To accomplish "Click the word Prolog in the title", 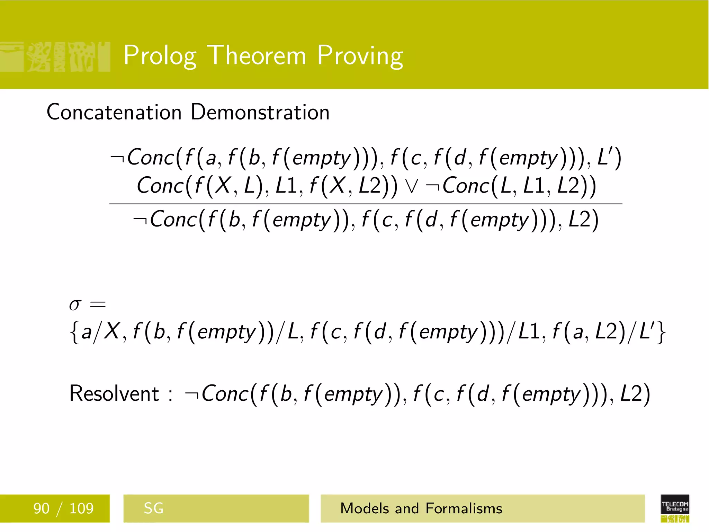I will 160,55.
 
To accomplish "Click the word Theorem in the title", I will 258,55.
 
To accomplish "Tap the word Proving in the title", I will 360,55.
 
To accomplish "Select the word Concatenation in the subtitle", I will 114,112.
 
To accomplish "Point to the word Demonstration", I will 260,112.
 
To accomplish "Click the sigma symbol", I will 75,305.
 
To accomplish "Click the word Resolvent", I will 114,394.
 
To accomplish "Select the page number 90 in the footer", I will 41,508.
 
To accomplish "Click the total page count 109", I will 81,508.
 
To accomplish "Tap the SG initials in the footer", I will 153,508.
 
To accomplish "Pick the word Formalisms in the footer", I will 464,508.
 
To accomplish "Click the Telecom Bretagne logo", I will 675,508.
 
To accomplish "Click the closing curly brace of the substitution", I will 661,332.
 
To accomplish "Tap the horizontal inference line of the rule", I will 366,204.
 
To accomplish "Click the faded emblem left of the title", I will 55,56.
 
